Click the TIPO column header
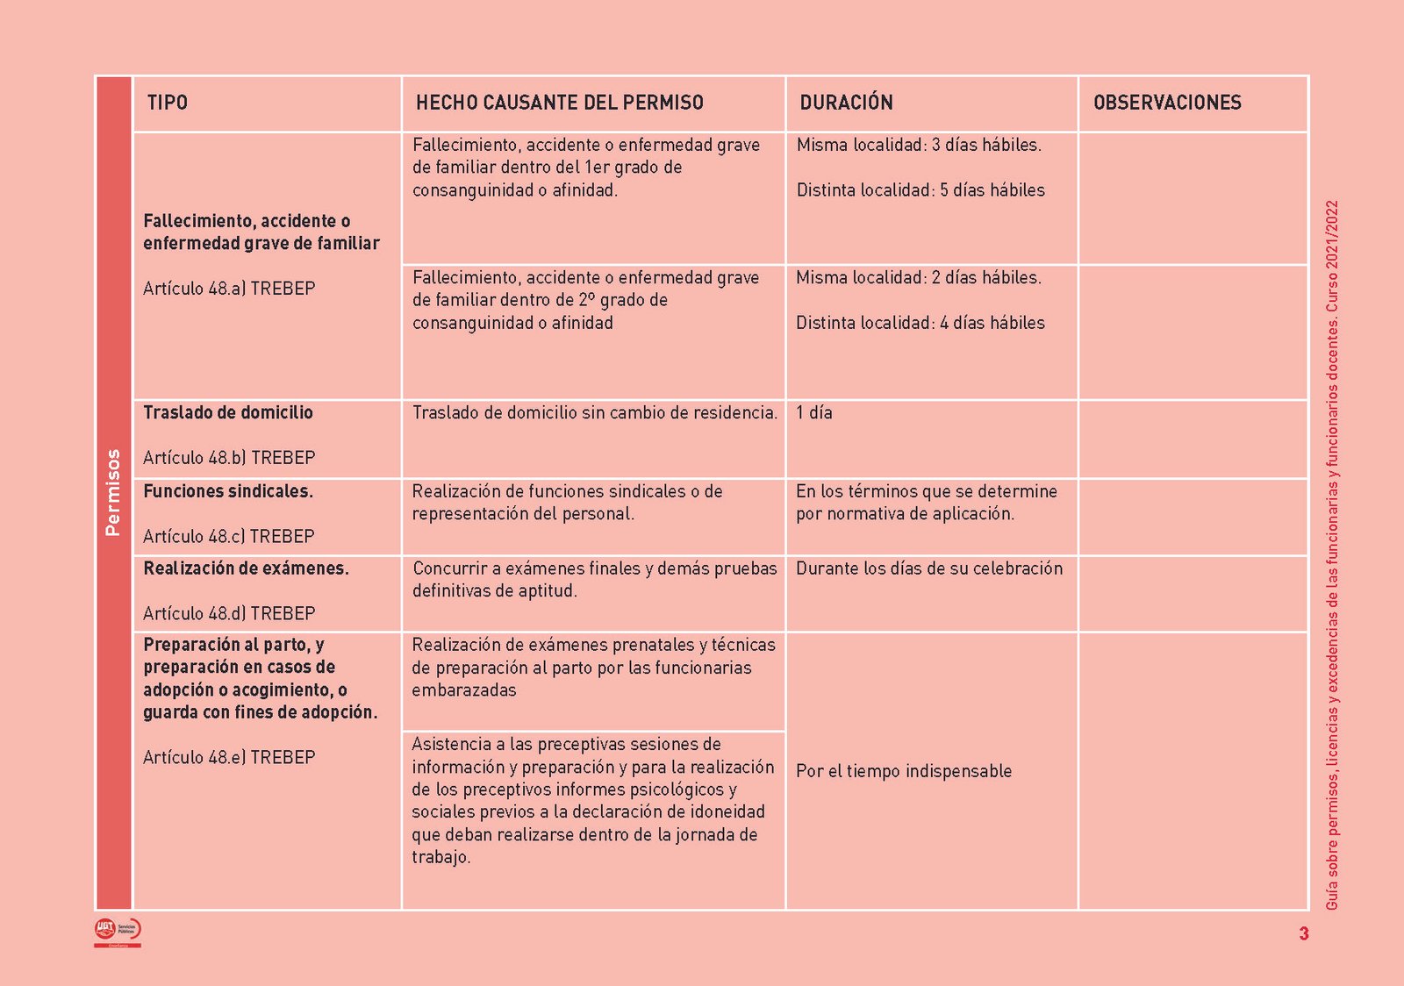pyautogui.click(x=168, y=103)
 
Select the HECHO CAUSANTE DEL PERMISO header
pyautogui.click(x=559, y=103)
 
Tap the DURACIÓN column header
pyautogui.click(x=846, y=103)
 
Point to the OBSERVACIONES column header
pyautogui.click(x=1167, y=103)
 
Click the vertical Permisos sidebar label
pyautogui.click(x=113, y=492)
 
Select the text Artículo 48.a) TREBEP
pyautogui.click(x=229, y=289)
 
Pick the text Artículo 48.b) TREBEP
pyautogui.click(x=229, y=458)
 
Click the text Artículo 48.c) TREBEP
pyautogui.click(x=229, y=537)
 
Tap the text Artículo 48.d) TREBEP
pyautogui.click(x=229, y=614)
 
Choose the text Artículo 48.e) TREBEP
pyautogui.click(x=229, y=758)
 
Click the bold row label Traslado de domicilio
pyautogui.click(x=228, y=412)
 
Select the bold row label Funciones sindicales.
pyautogui.click(x=228, y=491)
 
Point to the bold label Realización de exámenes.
pyautogui.click(x=246, y=568)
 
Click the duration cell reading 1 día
pyautogui.click(x=814, y=412)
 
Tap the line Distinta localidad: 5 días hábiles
pyautogui.click(x=920, y=190)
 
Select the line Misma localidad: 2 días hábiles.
pyautogui.click(x=919, y=278)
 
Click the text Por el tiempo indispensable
pyautogui.click(x=904, y=771)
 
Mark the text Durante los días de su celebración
pyautogui.click(x=929, y=568)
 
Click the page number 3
pyautogui.click(x=1304, y=933)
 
